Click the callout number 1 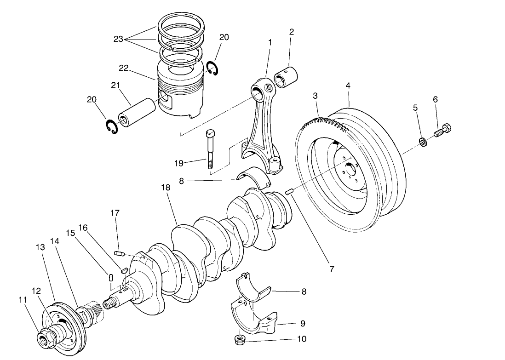click(270, 42)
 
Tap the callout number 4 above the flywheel click(349, 86)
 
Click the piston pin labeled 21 click(131, 114)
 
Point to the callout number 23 click(118, 40)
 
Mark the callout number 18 click(166, 188)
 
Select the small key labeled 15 click(110, 276)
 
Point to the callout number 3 click(315, 96)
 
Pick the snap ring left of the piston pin click(111, 127)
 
